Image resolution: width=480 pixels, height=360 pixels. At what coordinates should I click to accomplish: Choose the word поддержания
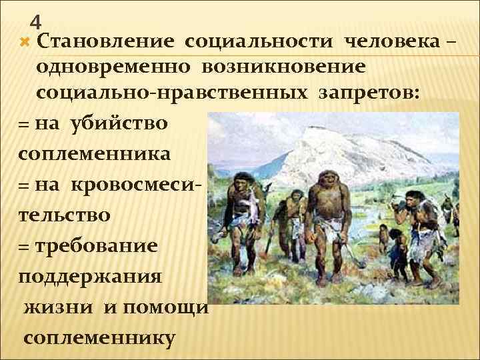[89, 275]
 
